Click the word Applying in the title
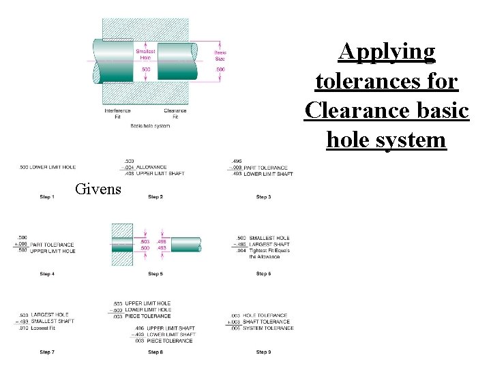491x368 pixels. click(387, 52)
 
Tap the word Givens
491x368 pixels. click(98, 189)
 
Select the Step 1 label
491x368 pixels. click(46, 197)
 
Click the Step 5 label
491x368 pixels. click(155, 274)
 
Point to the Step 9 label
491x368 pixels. click(262, 352)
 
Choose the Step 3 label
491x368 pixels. click(262, 197)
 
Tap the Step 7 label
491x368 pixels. click(46, 352)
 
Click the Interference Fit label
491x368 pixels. click(117, 113)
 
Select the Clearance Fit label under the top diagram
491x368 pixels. click(175, 113)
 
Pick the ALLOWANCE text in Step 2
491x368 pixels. click(151, 168)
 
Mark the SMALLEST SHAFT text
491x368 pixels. click(53, 322)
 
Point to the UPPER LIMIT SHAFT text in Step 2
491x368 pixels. click(160, 174)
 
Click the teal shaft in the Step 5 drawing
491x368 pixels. click(184, 245)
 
